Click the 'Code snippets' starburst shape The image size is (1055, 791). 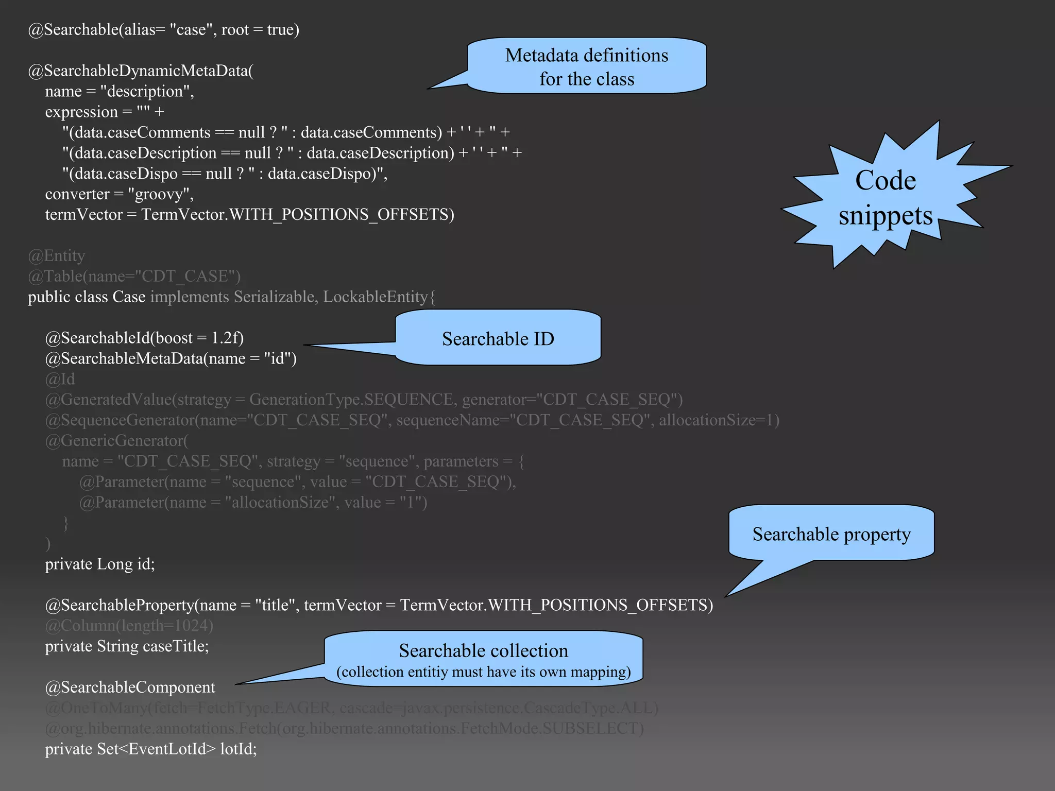tap(885, 198)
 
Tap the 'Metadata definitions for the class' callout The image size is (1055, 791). tap(586, 67)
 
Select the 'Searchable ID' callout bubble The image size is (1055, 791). tap(498, 339)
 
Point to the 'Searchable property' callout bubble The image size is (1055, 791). tap(831, 534)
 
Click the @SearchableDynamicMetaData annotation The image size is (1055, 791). tap(140, 71)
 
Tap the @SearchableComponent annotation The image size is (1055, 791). tap(130, 687)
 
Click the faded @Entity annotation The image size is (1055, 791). tap(57, 256)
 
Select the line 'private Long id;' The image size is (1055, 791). tap(100, 564)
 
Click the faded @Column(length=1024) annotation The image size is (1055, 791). tap(129, 626)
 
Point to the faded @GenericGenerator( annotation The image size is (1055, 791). tap(117, 441)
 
